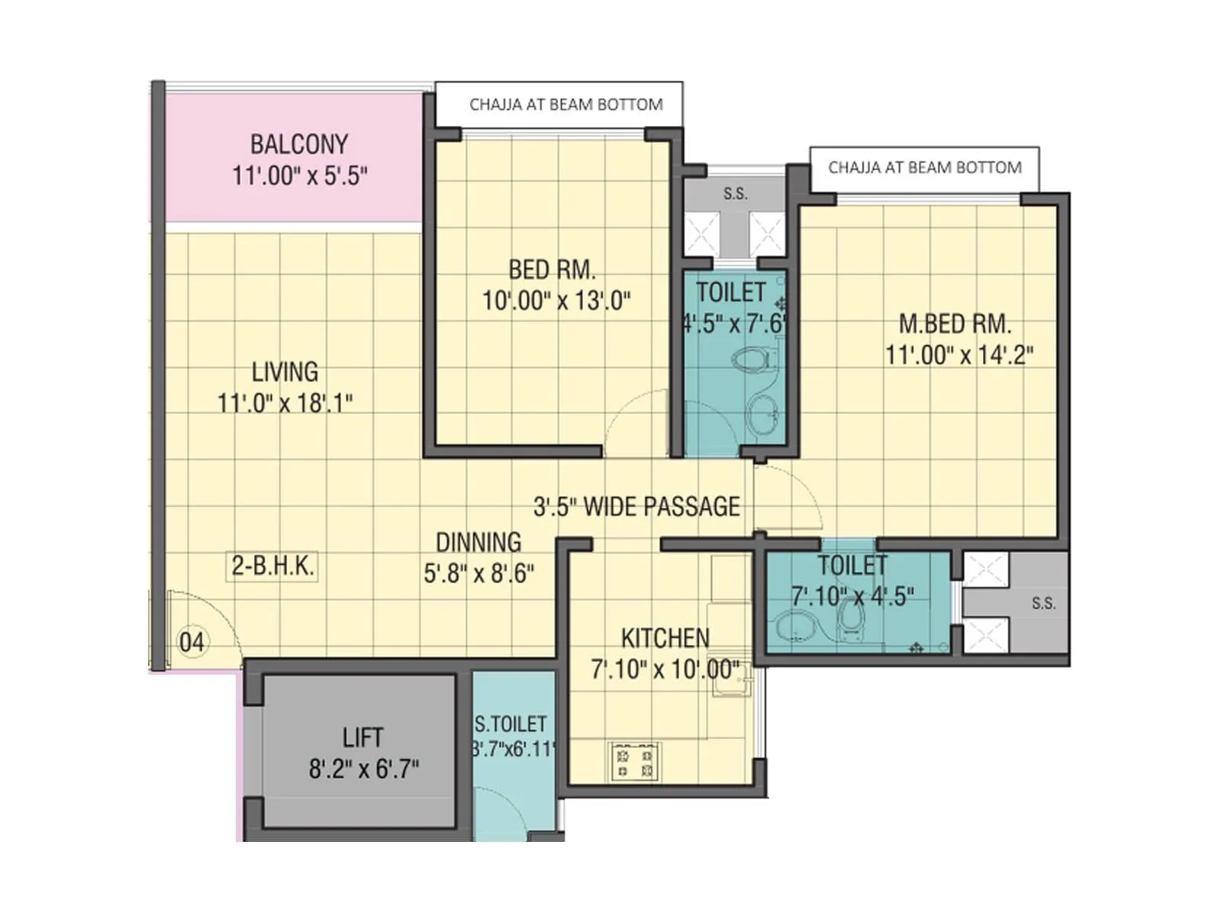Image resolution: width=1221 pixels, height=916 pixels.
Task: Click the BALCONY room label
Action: (298, 144)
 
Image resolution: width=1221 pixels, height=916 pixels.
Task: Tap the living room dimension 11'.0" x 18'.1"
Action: (285, 403)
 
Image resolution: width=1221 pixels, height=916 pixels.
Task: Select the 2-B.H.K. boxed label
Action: (272, 566)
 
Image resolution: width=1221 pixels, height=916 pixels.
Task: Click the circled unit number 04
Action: (192, 642)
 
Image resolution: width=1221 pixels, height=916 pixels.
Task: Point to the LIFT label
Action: (362, 737)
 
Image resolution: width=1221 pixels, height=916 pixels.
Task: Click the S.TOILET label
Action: (511, 724)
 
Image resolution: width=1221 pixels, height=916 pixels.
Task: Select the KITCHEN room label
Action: (665, 638)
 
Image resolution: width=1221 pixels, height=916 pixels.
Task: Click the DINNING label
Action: (478, 542)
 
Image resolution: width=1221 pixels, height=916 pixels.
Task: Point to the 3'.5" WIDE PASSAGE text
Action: (636, 507)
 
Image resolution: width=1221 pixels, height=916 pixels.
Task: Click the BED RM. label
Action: (552, 269)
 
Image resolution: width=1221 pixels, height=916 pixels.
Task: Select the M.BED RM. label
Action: (955, 324)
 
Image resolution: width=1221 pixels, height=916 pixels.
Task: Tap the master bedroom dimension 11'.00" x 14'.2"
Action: (958, 355)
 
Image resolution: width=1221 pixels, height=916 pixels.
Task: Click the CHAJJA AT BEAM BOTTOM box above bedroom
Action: (565, 105)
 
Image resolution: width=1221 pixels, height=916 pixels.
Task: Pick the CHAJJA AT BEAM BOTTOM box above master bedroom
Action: (924, 168)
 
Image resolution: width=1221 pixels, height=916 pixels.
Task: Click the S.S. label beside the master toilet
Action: (1043, 604)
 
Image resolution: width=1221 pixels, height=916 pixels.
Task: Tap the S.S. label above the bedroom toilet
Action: (735, 194)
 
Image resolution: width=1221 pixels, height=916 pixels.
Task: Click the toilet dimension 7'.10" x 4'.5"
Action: (852, 596)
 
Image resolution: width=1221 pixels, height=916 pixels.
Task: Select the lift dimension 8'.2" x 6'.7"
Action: (363, 769)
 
